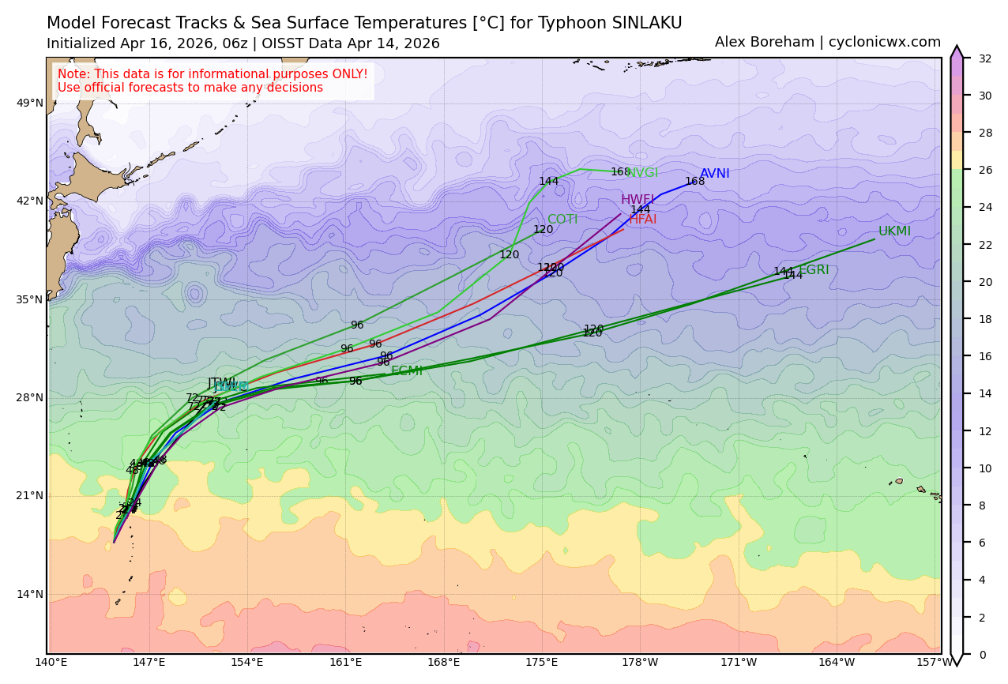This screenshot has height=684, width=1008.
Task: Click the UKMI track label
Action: pyautogui.click(x=894, y=231)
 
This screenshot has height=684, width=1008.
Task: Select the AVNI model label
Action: pyautogui.click(x=714, y=174)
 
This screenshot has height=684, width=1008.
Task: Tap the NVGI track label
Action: pyautogui.click(x=643, y=173)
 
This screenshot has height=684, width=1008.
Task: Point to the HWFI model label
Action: pyautogui.click(x=638, y=200)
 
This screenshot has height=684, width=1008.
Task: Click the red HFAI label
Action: pyautogui.click(x=643, y=220)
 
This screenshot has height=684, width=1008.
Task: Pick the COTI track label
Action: pyautogui.click(x=562, y=220)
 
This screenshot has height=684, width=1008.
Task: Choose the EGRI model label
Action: pyautogui.click(x=814, y=270)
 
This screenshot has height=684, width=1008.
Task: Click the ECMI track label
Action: pyautogui.click(x=406, y=371)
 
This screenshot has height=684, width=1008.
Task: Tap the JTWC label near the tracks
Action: pyautogui.click(x=222, y=383)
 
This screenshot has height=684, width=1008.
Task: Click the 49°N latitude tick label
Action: pyautogui.click(x=31, y=103)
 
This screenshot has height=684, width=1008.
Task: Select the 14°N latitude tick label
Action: pyautogui.click(x=31, y=594)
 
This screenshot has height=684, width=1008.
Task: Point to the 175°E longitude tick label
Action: pyautogui.click(x=542, y=662)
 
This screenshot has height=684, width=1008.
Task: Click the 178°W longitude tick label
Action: pyautogui.click(x=640, y=662)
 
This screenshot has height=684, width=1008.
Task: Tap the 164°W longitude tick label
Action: pyautogui.click(x=837, y=662)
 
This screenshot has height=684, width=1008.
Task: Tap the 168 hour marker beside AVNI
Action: pyautogui.click(x=695, y=182)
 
